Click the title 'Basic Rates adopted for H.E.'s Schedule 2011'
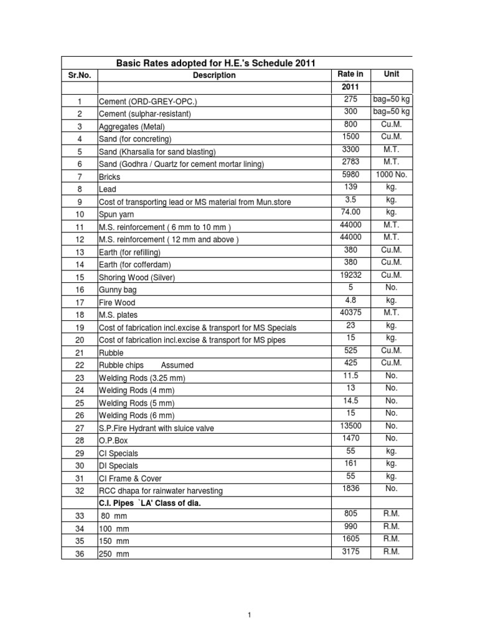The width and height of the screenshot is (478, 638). click(216, 63)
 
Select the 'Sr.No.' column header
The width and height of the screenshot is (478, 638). click(79, 75)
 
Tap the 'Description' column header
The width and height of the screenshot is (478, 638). click(214, 75)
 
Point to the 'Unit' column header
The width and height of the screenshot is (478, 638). click(391, 74)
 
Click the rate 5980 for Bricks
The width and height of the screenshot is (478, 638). click(351, 174)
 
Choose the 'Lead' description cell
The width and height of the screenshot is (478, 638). click(108, 189)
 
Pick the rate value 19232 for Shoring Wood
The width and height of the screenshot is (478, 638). click(351, 275)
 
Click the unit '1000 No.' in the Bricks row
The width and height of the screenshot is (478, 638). click(391, 174)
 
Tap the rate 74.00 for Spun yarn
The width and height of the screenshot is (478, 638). click(351, 212)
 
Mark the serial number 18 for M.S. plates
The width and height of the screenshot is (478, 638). click(80, 315)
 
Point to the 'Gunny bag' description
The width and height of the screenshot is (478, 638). click(118, 290)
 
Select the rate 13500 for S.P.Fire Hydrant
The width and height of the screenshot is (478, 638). click(351, 426)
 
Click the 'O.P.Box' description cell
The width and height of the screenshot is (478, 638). click(113, 441)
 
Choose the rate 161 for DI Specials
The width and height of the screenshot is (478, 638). click(351, 463)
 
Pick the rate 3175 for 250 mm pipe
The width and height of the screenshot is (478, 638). click(351, 551)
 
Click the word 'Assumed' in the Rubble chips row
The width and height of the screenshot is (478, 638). click(177, 365)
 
